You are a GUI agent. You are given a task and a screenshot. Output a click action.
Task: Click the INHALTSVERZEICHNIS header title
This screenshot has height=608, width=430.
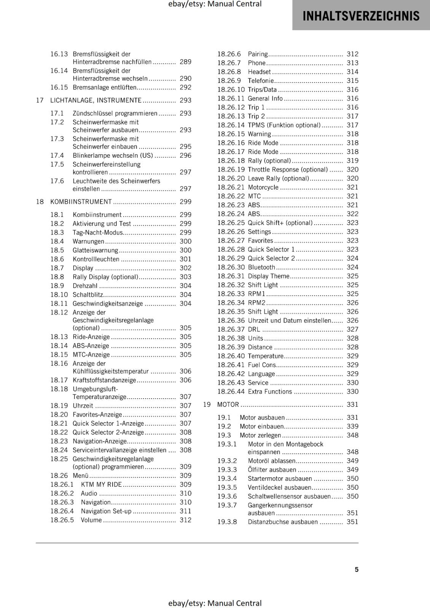click(x=361, y=16)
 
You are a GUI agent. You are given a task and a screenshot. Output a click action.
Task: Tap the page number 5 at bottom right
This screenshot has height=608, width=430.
click(x=357, y=569)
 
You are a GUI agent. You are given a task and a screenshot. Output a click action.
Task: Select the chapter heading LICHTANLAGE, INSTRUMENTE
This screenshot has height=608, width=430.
click(x=96, y=100)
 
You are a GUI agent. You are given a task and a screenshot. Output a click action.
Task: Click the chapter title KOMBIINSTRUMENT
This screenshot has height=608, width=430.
click(x=81, y=202)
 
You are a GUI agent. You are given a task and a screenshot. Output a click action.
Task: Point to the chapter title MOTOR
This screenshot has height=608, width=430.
click(x=228, y=405)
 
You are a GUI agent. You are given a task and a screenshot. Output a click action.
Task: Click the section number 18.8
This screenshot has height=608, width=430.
click(x=57, y=277)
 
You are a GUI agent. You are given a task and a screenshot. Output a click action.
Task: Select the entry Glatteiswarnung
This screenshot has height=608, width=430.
click(x=95, y=250)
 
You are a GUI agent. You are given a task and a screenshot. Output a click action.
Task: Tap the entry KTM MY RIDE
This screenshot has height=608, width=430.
click(x=101, y=484)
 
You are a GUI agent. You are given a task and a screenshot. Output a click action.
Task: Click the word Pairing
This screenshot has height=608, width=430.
click(x=258, y=54)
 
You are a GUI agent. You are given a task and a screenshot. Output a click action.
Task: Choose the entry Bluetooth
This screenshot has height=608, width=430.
click(x=261, y=268)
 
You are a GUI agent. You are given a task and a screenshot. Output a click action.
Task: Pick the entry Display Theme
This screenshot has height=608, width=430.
click(x=268, y=276)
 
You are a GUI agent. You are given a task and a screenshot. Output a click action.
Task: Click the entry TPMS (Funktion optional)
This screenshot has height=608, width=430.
click(x=284, y=125)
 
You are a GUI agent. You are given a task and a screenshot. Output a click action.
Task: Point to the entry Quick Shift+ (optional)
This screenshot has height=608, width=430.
click(x=280, y=223)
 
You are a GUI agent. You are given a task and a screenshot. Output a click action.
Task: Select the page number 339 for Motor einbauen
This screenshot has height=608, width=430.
click(x=352, y=426)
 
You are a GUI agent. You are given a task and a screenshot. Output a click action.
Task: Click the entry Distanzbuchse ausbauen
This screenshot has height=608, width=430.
click(x=282, y=522)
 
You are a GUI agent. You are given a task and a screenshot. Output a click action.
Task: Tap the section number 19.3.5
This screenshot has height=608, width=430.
click(x=227, y=488)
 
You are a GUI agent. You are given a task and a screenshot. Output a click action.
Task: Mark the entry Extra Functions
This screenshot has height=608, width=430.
click(x=270, y=392)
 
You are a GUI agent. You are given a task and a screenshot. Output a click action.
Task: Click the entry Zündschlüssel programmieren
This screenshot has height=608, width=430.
click(x=115, y=114)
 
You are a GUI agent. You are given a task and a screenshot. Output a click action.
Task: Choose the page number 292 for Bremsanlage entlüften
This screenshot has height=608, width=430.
click(x=185, y=87)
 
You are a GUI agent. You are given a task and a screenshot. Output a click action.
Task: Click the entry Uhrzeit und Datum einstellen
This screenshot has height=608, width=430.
click(x=289, y=321)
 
